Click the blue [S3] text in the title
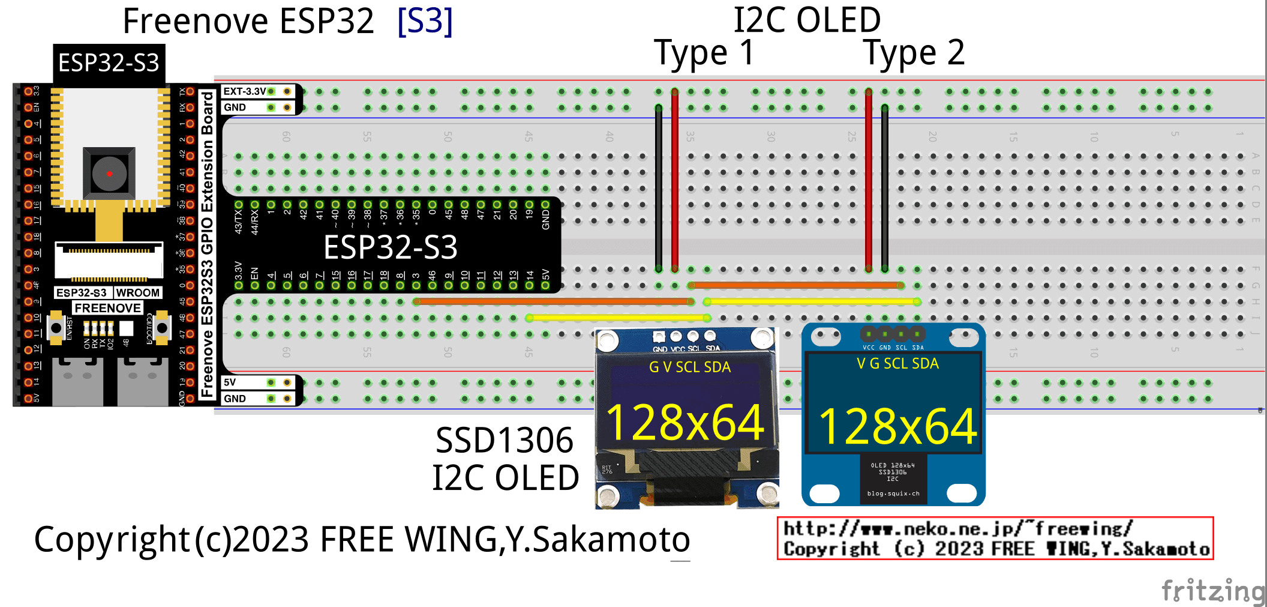[x=425, y=22]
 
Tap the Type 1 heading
[x=703, y=53]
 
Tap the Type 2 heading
[x=914, y=53]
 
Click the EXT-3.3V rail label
[x=244, y=91]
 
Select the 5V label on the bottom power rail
[x=230, y=382]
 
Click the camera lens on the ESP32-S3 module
[x=109, y=174]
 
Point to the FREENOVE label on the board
[x=107, y=308]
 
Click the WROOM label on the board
[x=137, y=292]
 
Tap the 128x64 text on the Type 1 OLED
[x=684, y=423]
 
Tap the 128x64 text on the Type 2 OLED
[x=897, y=427]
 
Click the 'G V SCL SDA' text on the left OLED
[x=689, y=367]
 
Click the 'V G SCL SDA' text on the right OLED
[x=897, y=363]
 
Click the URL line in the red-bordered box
[x=957, y=528]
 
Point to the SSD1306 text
[x=504, y=441]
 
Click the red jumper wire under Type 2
[x=869, y=180]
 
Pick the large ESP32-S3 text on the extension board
[x=390, y=247]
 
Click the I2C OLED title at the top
[x=807, y=20]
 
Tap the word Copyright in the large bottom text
[x=112, y=539]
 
